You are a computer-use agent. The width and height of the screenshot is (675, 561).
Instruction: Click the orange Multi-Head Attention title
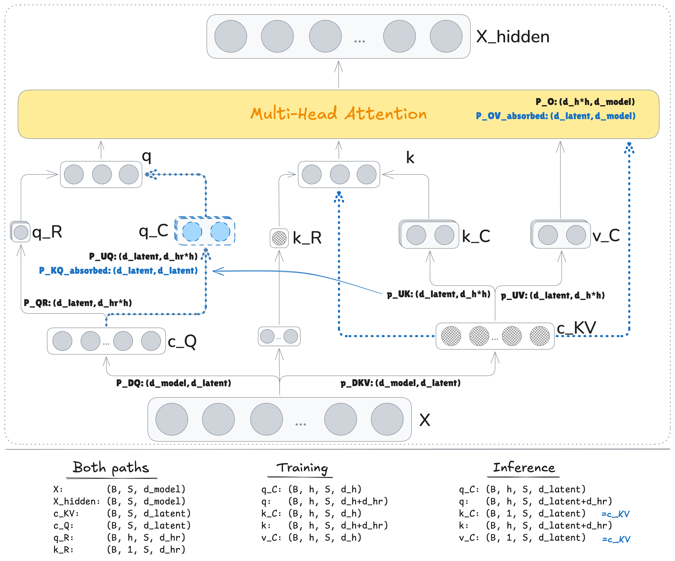tap(338, 114)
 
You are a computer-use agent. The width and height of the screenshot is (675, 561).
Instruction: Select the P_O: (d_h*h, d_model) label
tap(585, 102)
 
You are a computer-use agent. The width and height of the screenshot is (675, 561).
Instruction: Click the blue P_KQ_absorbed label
tap(118, 271)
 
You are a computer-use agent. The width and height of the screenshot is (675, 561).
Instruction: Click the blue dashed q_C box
tap(205, 231)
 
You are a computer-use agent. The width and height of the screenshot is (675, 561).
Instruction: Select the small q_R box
tap(21, 232)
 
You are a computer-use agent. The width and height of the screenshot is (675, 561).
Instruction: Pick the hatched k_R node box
tap(279, 238)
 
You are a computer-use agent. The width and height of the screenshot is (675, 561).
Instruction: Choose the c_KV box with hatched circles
tap(495, 336)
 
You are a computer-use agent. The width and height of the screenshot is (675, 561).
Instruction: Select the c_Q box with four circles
tap(106, 341)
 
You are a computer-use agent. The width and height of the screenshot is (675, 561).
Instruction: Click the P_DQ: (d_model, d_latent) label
tap(174, 383)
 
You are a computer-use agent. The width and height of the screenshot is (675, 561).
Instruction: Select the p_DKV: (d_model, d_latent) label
tap(400, 383)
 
